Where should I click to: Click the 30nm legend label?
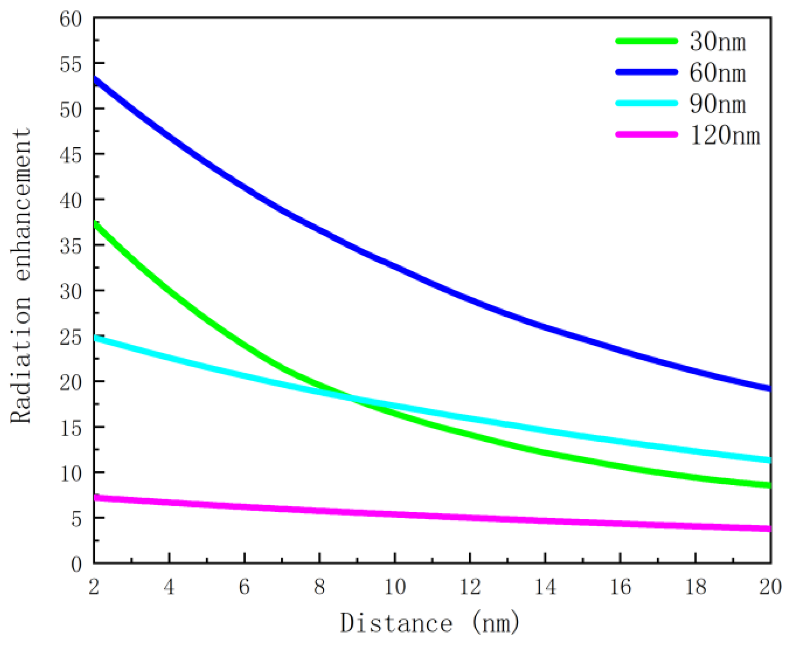[717, 41]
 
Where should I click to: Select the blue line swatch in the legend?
[646, 72]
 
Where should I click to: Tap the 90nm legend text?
[717, 104]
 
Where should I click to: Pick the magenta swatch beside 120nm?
[646, 134]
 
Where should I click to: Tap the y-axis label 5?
[76, 519]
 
